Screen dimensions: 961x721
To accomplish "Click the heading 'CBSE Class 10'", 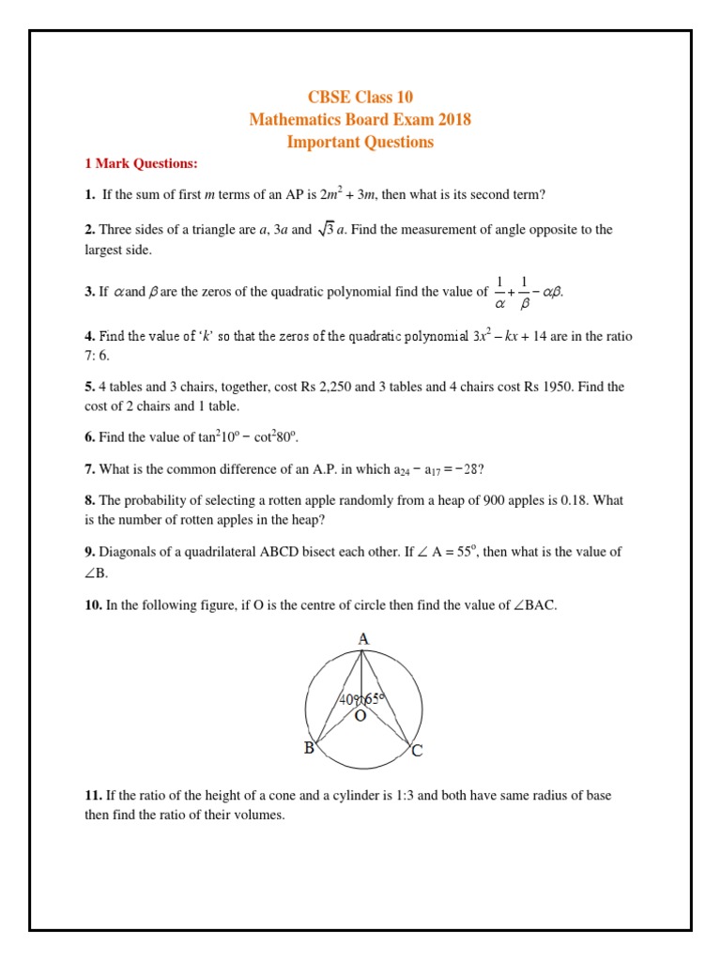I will point(360,97).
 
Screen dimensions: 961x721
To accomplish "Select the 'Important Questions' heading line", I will point(360,142).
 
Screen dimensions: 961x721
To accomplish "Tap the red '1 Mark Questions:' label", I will point(141,164).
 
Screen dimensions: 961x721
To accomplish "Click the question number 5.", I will point(89,386).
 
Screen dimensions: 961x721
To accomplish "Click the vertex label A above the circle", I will point(363,639).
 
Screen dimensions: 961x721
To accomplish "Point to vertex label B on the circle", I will point(308,748).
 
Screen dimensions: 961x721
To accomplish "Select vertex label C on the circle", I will point(417,751).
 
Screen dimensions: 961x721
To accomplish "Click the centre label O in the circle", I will point(360,716).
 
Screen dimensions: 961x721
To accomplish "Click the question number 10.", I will point(93,605).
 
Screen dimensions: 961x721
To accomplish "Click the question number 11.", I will point(93,796).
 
